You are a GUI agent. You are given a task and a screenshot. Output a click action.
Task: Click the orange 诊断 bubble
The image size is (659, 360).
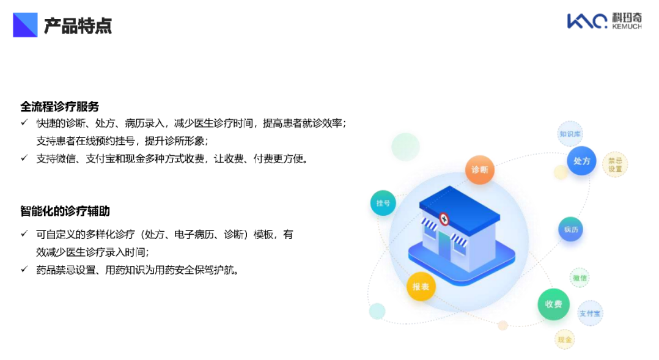point(479,170)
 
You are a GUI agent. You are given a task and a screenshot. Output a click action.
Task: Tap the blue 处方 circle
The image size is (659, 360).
point(582,161)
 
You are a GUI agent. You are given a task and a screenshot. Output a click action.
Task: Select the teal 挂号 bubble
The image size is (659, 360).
point(383,203)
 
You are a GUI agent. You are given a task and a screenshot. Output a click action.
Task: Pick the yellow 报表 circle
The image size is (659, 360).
point(421,287)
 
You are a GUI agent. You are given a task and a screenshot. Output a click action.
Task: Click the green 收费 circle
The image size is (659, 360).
point(553,304)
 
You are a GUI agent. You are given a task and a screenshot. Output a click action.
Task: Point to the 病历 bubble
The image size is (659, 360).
point(571,229)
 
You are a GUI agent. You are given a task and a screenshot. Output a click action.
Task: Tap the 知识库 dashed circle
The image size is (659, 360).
point(570,134)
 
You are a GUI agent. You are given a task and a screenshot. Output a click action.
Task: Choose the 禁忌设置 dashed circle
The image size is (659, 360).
point(615,164)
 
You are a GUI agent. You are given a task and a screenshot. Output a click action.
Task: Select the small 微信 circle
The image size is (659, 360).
point(580,277)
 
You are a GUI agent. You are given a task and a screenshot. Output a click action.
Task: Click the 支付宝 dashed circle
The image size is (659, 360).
point(590,314)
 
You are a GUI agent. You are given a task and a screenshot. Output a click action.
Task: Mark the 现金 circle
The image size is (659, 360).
point(564,339)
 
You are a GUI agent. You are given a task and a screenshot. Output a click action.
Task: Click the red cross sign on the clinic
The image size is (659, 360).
point(444,219)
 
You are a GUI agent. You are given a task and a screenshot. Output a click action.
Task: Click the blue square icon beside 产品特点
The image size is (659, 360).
point(25,25)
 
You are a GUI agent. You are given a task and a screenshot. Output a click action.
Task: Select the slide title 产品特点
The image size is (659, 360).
point(78,26)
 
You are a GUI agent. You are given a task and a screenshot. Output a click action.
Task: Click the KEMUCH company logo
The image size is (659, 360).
point(605,21)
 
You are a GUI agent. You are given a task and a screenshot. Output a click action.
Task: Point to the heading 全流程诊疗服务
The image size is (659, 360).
point(60,107)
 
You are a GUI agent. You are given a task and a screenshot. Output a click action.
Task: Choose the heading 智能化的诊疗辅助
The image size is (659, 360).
point(65,211)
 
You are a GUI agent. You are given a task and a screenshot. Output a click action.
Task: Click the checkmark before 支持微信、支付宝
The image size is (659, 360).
point(24,158)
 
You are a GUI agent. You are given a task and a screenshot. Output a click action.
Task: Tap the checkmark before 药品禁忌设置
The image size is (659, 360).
point(24,269)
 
